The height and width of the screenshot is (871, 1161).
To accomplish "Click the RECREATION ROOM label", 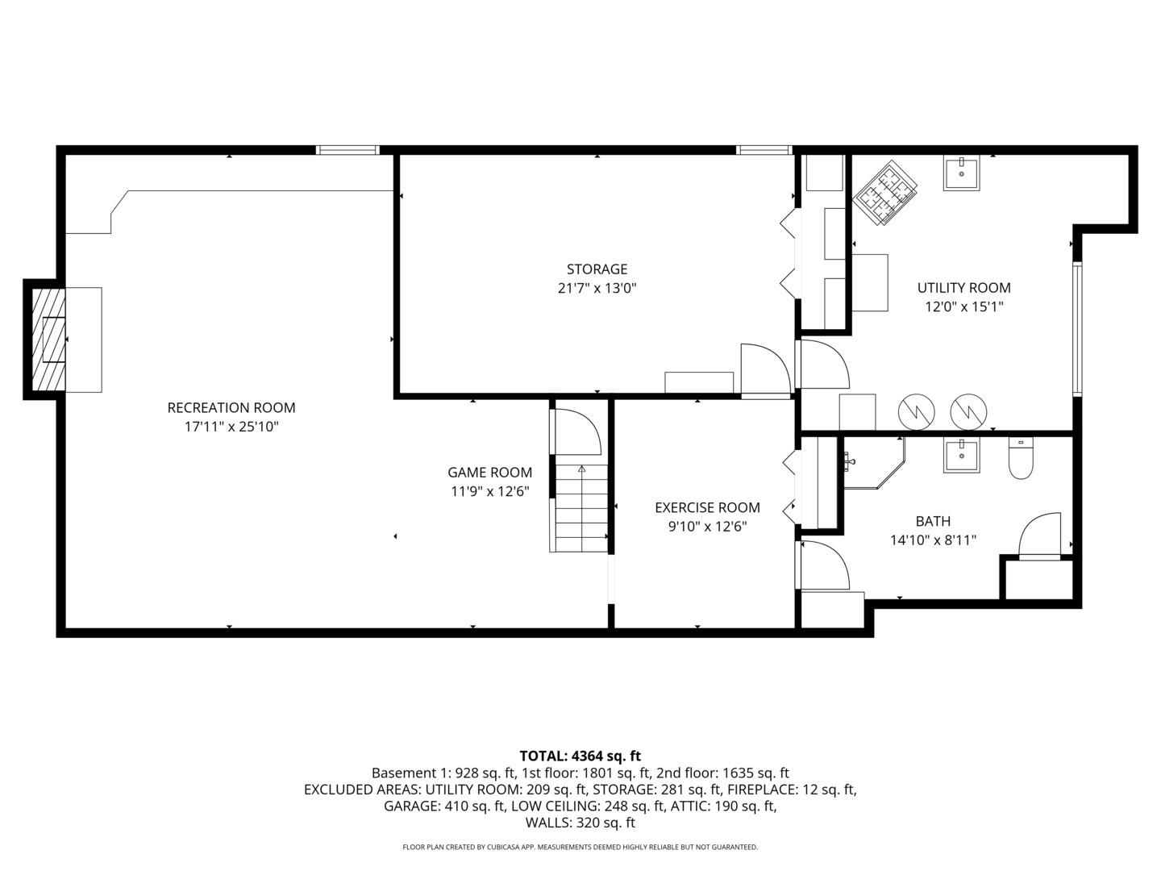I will [x=231, y=408].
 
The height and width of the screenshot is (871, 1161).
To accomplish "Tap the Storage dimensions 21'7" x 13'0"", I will [x=597, y=288].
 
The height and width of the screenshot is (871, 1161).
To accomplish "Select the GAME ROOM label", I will [x=489, y=473].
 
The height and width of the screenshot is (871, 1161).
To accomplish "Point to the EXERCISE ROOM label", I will [x=707, y=507].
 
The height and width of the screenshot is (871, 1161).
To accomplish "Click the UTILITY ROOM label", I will [x=963, y=288].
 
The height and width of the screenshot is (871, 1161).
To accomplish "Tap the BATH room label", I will [x=933, y=521].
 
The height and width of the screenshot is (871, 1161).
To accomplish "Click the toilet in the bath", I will [x=1021, y=457].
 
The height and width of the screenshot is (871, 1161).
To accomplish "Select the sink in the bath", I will [x=961, y=456].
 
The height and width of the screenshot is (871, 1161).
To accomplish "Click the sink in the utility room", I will [x=961, y=173].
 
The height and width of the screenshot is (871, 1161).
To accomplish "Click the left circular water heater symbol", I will [x=915, y=412].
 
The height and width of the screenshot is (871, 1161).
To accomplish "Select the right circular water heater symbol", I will [x=968, y=412].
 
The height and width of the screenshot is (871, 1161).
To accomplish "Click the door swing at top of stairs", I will [x=576, y=432].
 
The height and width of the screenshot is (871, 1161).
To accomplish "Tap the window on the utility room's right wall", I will [x=1077, y=328].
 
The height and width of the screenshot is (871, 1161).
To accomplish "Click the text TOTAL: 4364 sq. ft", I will [x=580, y=756].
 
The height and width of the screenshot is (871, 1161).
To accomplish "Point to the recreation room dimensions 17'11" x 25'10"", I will [x=231, y=427].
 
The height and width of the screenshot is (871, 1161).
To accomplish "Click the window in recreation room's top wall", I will [x=347, y=150].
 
